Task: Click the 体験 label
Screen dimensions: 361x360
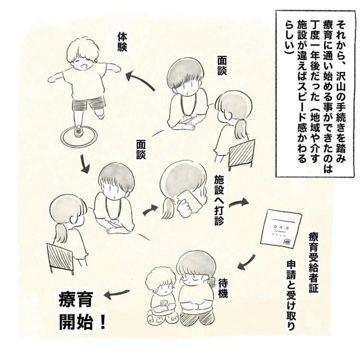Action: pos(122,42)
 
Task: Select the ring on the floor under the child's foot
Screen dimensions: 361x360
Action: pos(79,137)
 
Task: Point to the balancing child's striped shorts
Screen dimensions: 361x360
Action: pos(89,104)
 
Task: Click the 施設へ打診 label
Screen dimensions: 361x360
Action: pos(220,200)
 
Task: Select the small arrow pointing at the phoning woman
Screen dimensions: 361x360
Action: pos(150,210)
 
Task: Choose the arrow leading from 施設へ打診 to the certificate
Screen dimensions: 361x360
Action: pos(239,202)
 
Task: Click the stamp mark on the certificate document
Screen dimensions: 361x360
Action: pos(287,242)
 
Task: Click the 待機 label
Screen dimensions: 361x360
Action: pos(223,287)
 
